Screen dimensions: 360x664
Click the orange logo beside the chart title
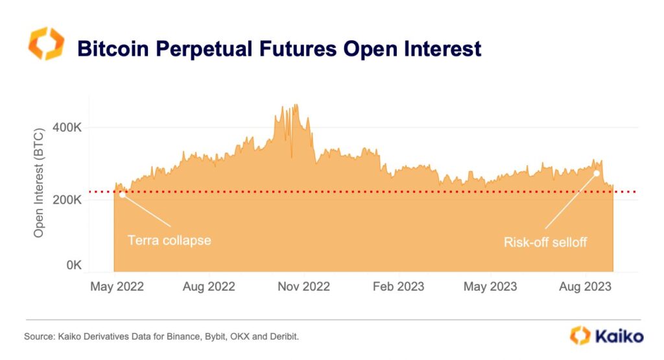pyautogui.click(x=46, y=44)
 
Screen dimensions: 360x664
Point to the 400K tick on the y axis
pyautogui.click(x=67, y=128)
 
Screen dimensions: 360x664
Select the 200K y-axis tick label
pyautogui.click(x=67, y=200)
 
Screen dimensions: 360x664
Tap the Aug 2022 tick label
pyautogui.click(x=208, y=286)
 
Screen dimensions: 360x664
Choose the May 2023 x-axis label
pyautogui.click(x=490, y=286)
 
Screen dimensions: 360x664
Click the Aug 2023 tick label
pyautogui.click(x=586, y=286)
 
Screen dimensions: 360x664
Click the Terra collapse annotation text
pyautogui.click(x=169, y=240)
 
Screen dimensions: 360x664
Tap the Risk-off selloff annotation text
pyautogui.click(x=545, y=242)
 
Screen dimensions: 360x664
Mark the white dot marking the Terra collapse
pyautogui.click(x=123, y=195)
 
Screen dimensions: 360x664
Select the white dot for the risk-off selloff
pyautogui.click(x=597, y=173)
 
